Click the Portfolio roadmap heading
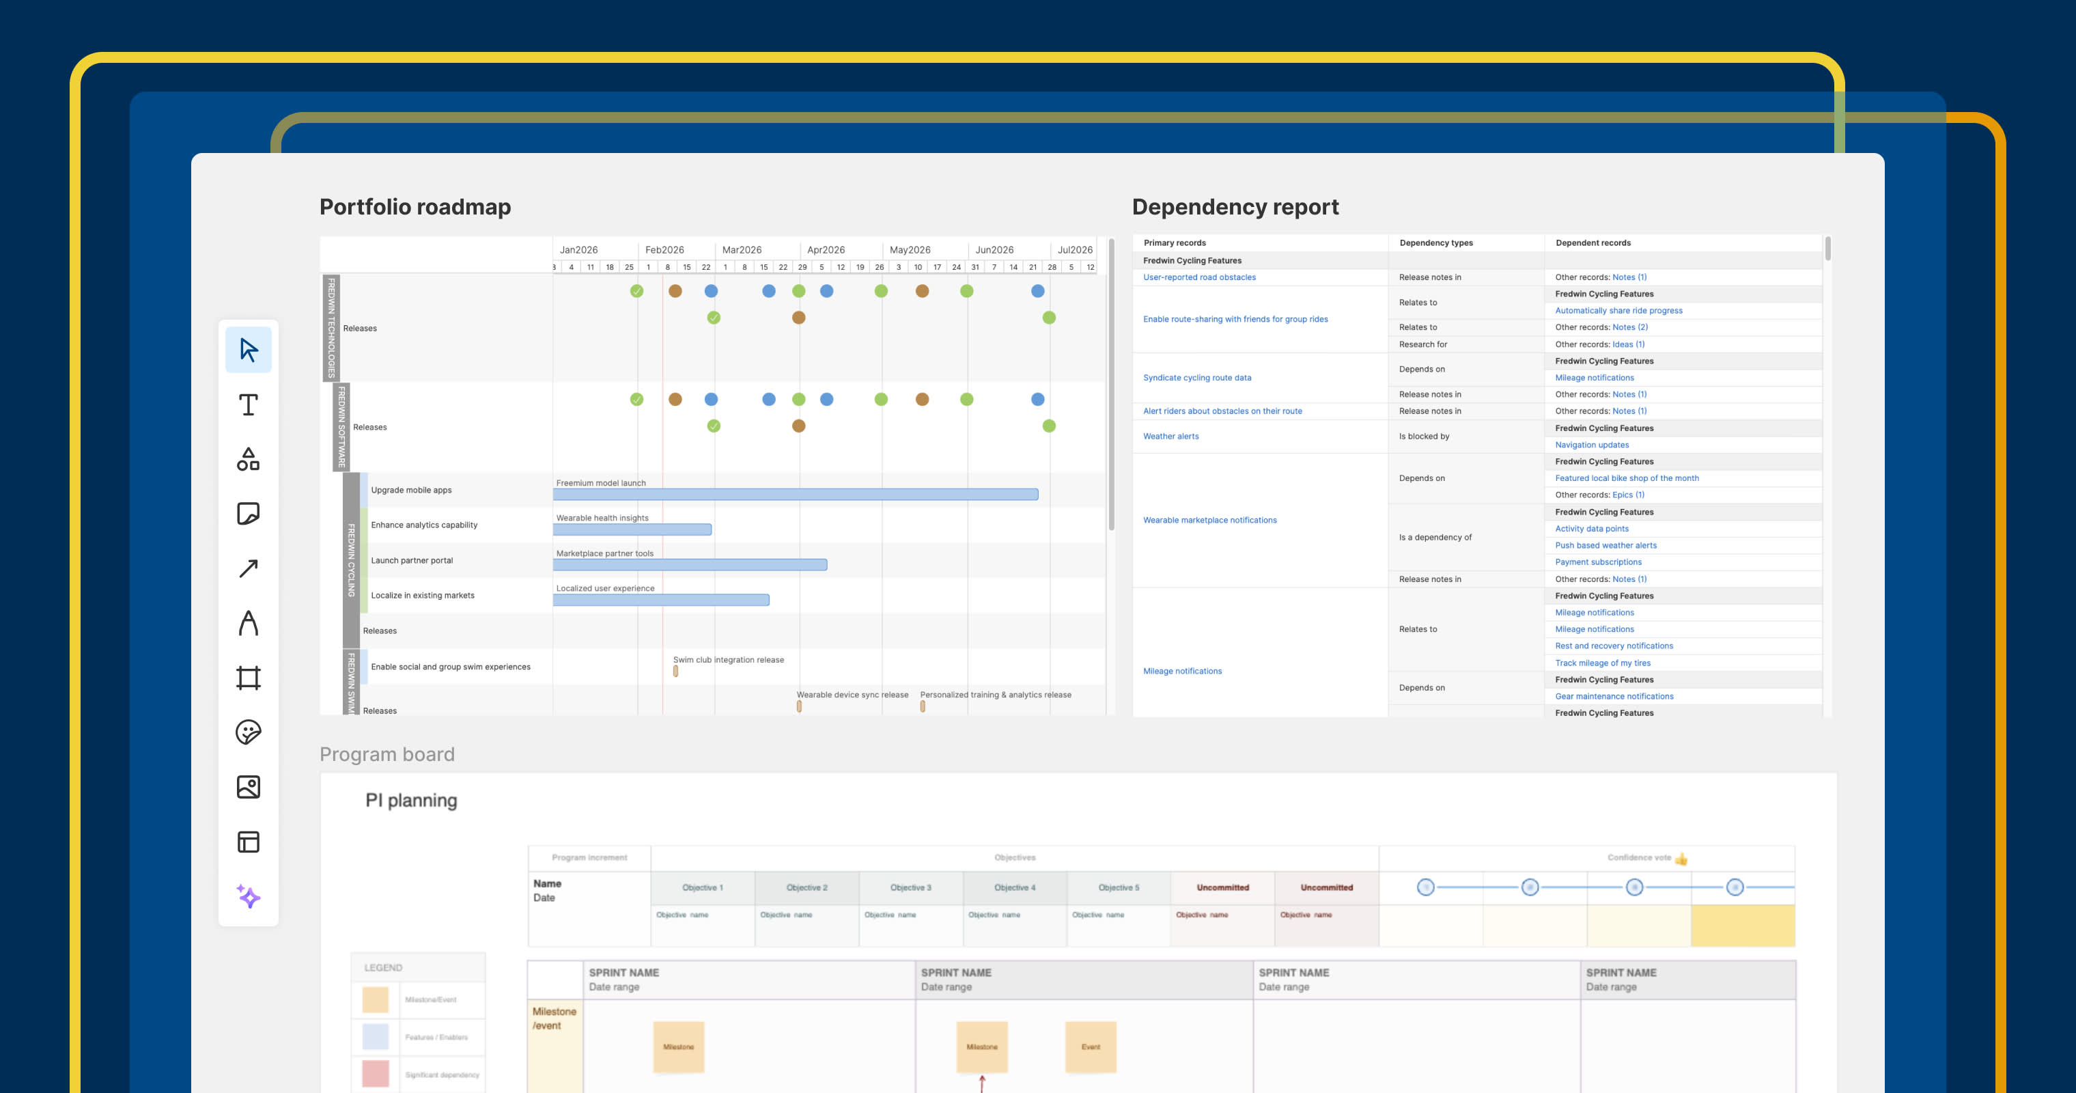coord(415,207)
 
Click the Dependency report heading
coord(1235,207)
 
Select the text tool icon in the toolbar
coord(248,404)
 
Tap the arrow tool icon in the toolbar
coord(248,568)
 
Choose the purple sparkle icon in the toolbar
coord(248,896)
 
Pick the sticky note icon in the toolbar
coord(248,514)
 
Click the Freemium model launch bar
coord(795,494)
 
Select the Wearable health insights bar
coord(632,529)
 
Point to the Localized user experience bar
coord(661,600)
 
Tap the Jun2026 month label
coord(994,250)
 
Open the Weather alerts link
coord(1170,436)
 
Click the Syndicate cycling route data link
coord(1196,377)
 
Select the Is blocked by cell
coord(1423,436)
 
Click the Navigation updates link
coord(1592,445)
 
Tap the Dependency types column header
coord(1435,243)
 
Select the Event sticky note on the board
coord(1091,1047)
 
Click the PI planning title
coord(411,801)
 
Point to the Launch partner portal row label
coord(411,560)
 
